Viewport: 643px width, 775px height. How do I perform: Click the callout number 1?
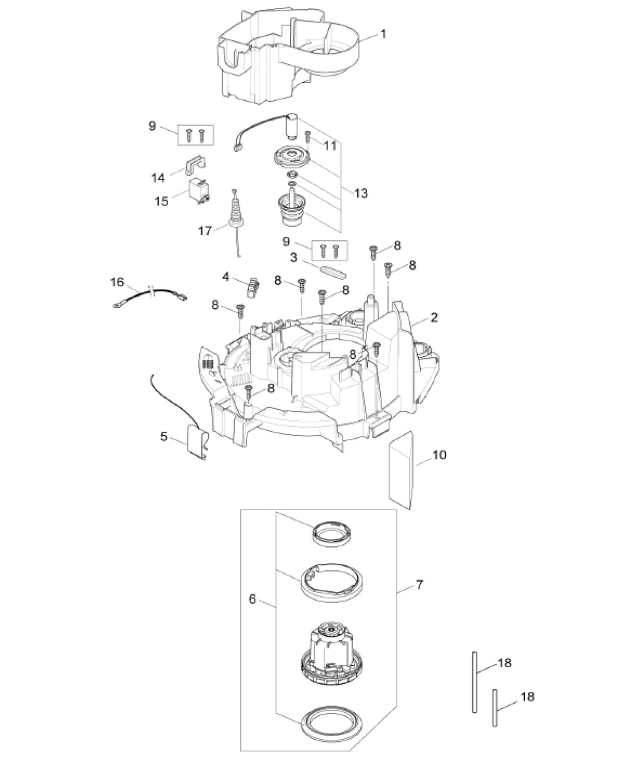tap(384, 34)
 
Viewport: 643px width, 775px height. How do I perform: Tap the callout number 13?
tap(361, 193)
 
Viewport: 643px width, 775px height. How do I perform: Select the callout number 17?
tap(205, 231)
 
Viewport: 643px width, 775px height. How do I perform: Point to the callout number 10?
tap(439, 455)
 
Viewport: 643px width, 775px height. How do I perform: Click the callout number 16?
tap(117, 282)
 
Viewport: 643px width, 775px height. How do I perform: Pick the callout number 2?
tap(434, 317)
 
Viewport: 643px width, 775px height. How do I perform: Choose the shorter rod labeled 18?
tap(495, 707)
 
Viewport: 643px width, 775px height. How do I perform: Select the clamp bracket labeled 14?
tap(193, 163)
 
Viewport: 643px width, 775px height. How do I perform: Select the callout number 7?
tap(419, 585)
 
